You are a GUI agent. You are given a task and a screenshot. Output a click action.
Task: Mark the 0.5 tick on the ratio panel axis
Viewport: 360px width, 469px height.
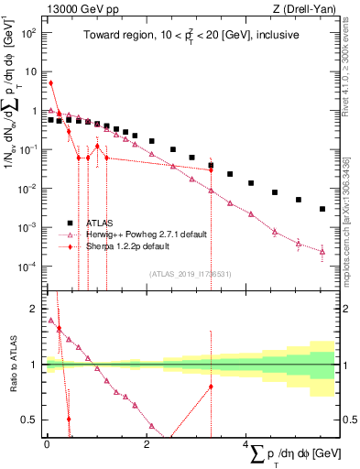[x=29, y=420]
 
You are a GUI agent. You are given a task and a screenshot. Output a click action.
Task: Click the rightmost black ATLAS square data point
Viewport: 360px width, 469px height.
[x=322, y=209]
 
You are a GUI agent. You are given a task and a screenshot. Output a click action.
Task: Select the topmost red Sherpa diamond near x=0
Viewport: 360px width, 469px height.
[x=50, y=83]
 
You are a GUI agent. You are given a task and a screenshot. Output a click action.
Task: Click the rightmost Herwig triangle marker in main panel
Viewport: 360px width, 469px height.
[x=322, y=250]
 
